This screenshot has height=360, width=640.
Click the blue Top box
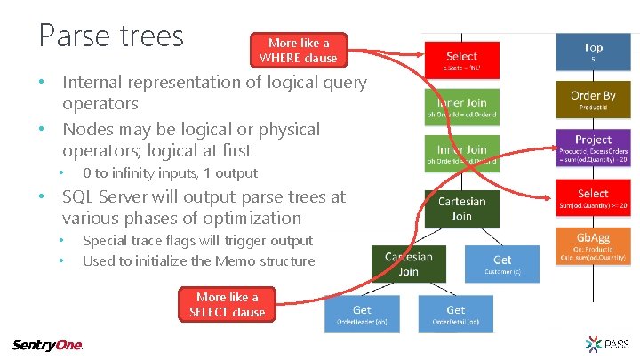point(593,52)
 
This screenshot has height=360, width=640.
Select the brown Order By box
point(593,100)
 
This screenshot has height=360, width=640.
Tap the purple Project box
point(593,148)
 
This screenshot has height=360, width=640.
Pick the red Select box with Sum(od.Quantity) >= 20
point(593,198)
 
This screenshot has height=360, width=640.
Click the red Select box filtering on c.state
point(461,60)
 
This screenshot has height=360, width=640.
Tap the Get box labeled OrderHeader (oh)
point(362,314)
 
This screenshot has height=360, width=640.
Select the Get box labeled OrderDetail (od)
point(455,314)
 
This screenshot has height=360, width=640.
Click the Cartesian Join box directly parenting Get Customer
point(461,209)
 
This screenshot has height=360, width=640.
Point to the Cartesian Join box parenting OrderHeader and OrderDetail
point(408,264)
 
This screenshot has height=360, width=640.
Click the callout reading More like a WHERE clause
point(298,50)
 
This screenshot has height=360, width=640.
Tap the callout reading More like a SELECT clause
point(227,304)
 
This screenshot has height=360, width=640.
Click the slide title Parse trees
point(111,36)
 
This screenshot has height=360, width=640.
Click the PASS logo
point(607,344)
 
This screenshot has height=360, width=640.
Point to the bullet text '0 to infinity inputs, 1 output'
point(170,173)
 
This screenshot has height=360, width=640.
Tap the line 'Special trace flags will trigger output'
point(197,240)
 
